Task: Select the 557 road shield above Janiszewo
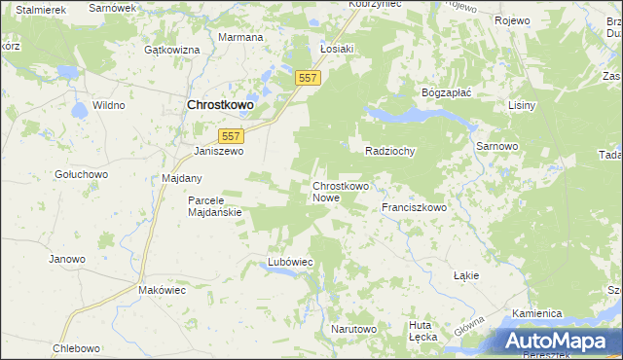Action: coord(231,137)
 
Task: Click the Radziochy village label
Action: coord(390,151)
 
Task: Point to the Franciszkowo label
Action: coord(414,207)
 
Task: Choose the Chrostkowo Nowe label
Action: coord(340,191)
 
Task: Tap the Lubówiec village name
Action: coord(289,262)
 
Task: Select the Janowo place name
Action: coord(67,259)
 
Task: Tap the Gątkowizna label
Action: coord(171,49)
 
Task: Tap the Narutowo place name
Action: coord(352,329)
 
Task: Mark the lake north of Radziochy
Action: coord(409,115)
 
